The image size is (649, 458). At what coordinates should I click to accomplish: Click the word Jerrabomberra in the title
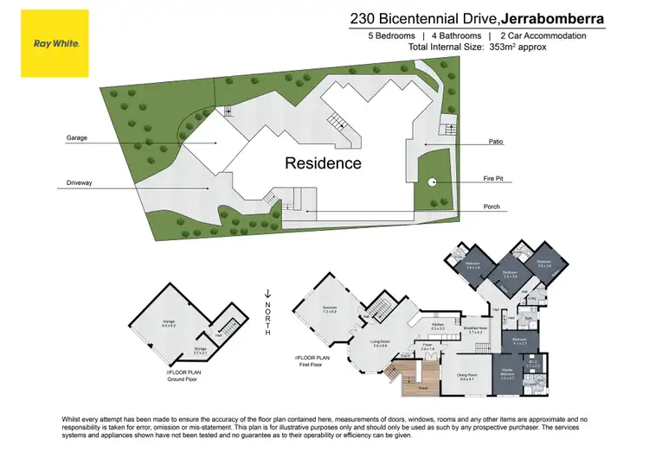point(556,17)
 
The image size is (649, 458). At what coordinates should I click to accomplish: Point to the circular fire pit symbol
point(432,181)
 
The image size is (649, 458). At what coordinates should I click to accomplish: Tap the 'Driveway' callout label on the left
point(80,183)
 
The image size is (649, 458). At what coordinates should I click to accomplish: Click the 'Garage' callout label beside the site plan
point(77,138)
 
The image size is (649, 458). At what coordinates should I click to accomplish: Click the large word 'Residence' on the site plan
point(323,162)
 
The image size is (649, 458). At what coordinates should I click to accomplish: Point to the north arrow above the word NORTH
point(268,295)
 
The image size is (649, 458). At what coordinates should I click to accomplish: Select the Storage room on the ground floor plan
point(199,351)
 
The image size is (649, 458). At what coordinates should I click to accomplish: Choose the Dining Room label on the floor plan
point(467,378)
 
